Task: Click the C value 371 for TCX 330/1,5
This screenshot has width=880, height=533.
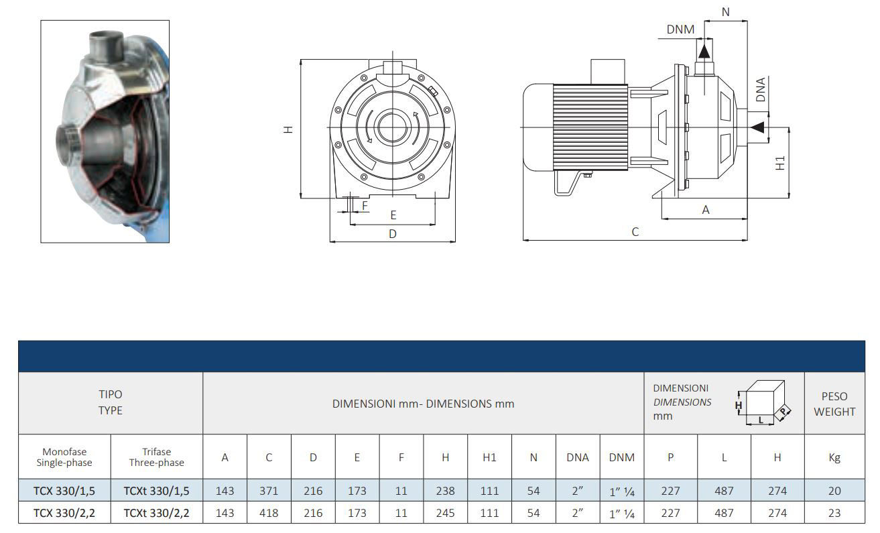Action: [269, 491]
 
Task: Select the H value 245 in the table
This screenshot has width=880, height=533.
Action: [445, 513]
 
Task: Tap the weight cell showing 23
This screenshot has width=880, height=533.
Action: [834, 513]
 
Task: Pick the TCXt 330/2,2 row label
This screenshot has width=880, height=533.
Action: [156, 513]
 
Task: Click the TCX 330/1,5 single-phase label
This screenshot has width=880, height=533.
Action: [64, 491]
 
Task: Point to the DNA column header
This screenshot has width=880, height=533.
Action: [578, 457]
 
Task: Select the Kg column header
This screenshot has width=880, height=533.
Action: [834, 457]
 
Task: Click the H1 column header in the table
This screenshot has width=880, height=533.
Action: [489, 457]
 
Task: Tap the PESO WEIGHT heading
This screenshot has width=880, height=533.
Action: [834, 404]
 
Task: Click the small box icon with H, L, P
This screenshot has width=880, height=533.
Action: [763, 403]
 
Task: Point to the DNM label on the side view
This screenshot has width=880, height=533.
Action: [680, 29]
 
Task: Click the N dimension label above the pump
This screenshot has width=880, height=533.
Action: [726, 12]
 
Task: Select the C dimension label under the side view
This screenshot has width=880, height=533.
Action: [635, 232]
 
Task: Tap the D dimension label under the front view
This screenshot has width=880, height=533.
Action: [393, 234]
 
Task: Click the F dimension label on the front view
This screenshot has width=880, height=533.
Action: [365, 206]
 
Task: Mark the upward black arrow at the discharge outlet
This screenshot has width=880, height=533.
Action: [704, 52]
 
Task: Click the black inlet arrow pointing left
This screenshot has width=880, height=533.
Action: [757, 127]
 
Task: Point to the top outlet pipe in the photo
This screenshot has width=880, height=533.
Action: [106, 46]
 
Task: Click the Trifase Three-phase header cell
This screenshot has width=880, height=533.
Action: [156, 457]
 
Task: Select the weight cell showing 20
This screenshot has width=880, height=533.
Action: [834, 491]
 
